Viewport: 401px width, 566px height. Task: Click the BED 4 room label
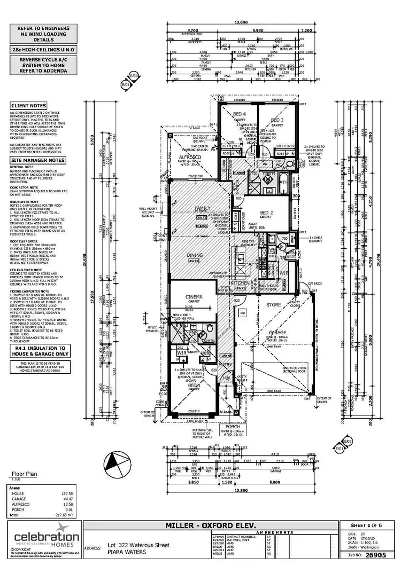tap(238, 114)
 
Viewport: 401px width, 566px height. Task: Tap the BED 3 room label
tap(276, 120)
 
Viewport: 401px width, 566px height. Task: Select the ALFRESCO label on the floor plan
tap(188, 156)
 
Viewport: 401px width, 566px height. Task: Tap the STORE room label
tap(274, 304)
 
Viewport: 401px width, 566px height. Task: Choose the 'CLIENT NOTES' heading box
tap(28, 106)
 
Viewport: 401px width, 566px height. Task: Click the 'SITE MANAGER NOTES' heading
tap(37, 160)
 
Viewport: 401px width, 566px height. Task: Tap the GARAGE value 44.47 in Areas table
tap(67, 498)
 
